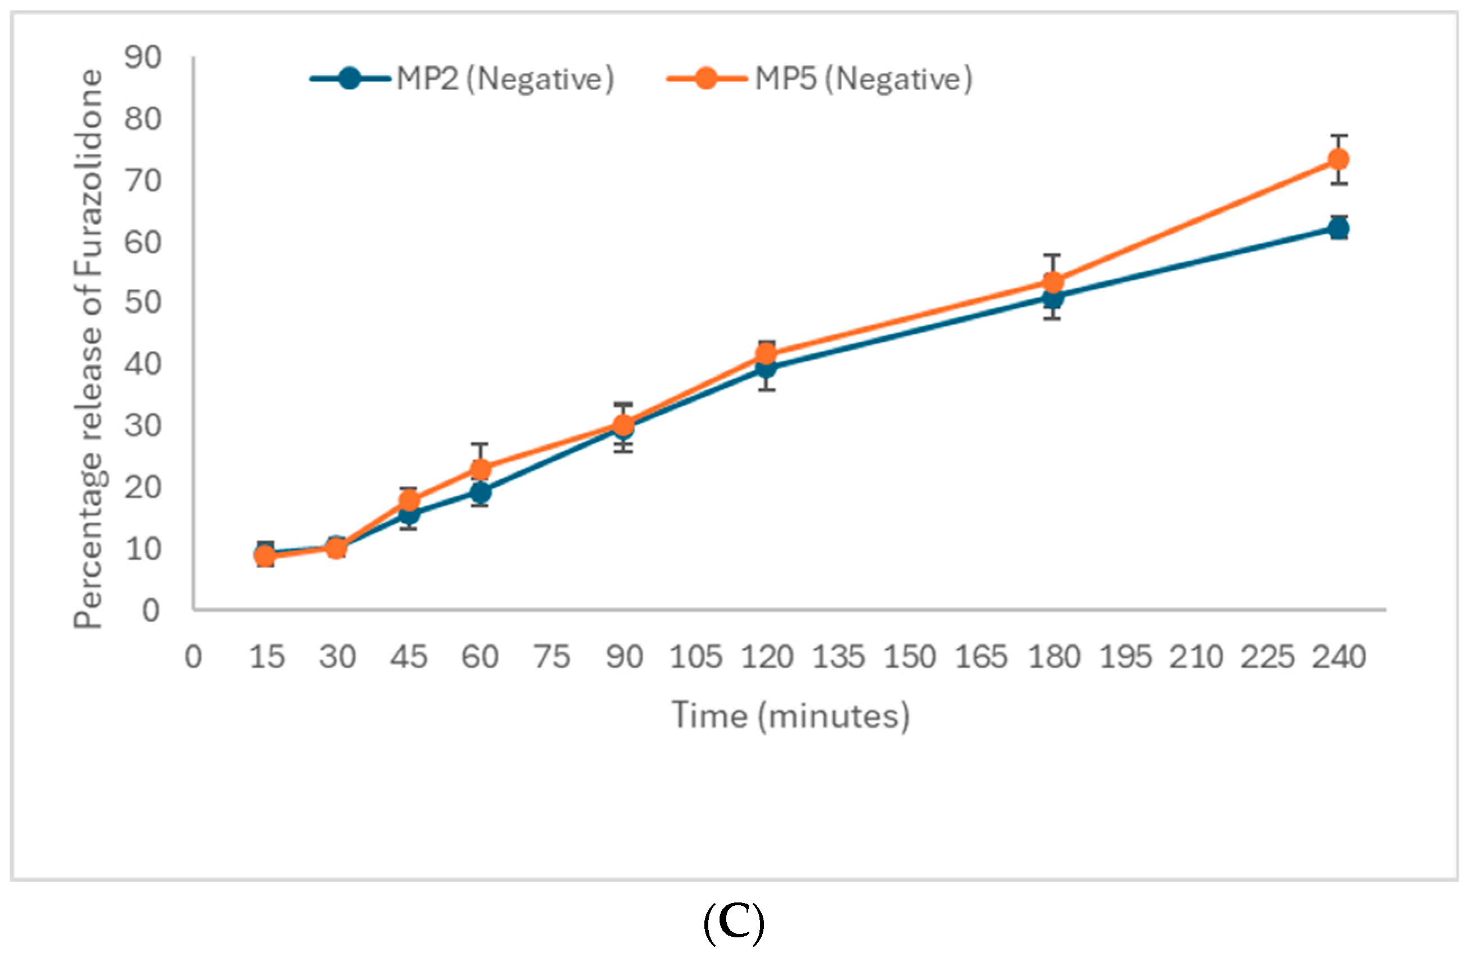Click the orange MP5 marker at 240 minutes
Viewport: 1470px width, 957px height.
point(1338,159)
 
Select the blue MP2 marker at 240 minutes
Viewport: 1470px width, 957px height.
point(1338,229)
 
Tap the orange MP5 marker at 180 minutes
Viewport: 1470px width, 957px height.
point(1052,283)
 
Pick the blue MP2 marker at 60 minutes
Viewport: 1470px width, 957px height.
point(481,492)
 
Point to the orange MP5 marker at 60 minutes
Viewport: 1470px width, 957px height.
point(481,470)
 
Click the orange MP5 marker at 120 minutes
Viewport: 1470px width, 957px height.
point(766,354)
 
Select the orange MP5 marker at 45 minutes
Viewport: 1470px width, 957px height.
point(409,500)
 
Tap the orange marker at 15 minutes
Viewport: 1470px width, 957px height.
point(265,556)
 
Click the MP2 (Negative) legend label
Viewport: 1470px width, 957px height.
point(505,79)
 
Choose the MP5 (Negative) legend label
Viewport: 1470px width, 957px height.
point(863,79)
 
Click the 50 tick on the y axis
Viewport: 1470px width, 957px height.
point(143,303)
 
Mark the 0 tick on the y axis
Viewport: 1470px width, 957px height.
point(151,611)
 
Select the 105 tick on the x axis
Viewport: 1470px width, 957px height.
point(695,657)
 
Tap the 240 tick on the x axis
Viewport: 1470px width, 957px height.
point(1338,657)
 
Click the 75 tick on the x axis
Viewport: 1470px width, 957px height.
point(552,657)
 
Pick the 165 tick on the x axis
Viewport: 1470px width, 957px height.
point(981,657)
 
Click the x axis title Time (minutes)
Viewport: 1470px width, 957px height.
point(790,716)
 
